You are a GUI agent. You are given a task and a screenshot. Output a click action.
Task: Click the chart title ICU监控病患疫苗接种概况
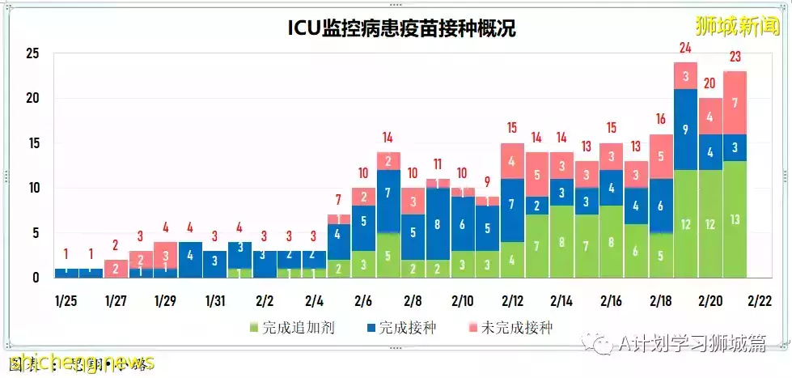click(x=401, y=29)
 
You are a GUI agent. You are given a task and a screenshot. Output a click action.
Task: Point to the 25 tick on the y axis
click(x=32, y=53)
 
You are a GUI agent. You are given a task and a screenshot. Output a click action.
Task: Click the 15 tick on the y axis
click(x=32, y=143)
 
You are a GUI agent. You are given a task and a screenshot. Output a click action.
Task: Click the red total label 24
click(x=685, y=48)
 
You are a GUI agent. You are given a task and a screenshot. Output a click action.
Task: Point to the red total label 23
click(x=735, y=57)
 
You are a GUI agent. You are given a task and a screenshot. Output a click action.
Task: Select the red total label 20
click(x=709, y=83)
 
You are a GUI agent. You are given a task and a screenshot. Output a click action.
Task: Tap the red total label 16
click(x=660, y=119)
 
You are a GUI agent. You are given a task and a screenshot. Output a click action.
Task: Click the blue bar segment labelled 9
click(x=685, y=129)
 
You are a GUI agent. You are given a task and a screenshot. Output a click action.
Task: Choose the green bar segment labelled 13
click(x=735, y=219)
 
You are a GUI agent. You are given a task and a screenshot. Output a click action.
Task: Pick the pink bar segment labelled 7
click(x=735, y=103)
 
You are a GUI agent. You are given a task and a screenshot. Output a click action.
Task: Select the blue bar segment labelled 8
click(x=438, y=223)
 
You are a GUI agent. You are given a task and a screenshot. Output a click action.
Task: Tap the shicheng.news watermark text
click(x=81, y=363)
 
